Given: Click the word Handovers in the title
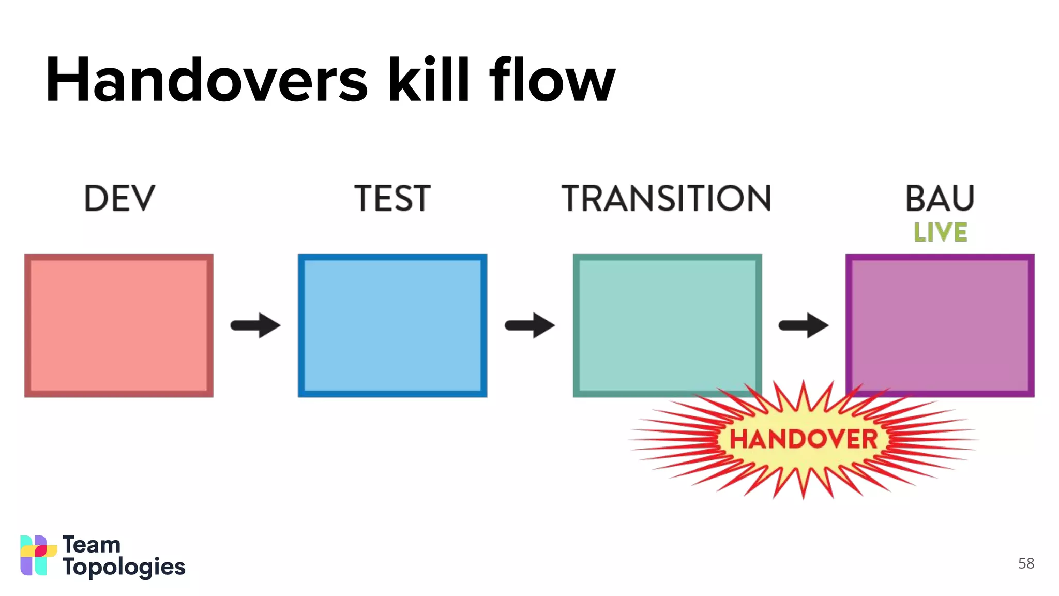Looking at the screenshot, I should coord(207,80).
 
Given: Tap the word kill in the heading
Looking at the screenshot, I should coord(429,80).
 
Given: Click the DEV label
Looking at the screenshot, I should coord(119,199).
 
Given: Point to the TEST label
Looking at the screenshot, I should coord(392,199).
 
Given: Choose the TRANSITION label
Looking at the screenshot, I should coord(667,199).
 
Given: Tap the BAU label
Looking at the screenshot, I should coord(940,199).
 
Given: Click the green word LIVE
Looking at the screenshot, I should coord(940,232).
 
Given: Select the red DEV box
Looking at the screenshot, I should coord(119,325).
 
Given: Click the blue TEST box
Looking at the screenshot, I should coord(392,325).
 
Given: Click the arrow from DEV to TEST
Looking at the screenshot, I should coord(255,325).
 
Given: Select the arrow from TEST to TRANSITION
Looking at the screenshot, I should coord(529,325).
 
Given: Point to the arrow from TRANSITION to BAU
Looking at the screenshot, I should coord(804,325).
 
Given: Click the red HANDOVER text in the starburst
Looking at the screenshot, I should coord(803,440).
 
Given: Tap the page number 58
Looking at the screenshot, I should coord(1026,563).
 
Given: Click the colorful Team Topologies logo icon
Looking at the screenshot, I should coord(38,555).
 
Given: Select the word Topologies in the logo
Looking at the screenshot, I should coord(124,568).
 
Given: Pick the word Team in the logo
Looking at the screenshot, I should coord(92,545).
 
